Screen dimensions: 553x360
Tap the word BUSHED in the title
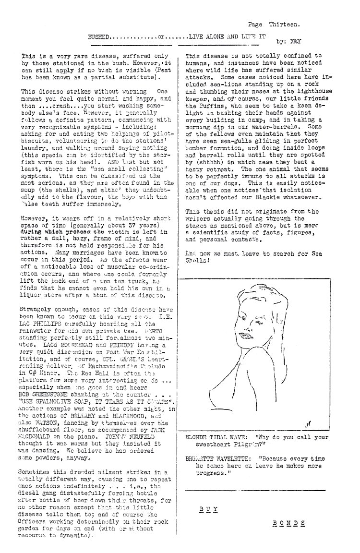(99, 36)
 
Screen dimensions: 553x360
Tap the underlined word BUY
(205, 509)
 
